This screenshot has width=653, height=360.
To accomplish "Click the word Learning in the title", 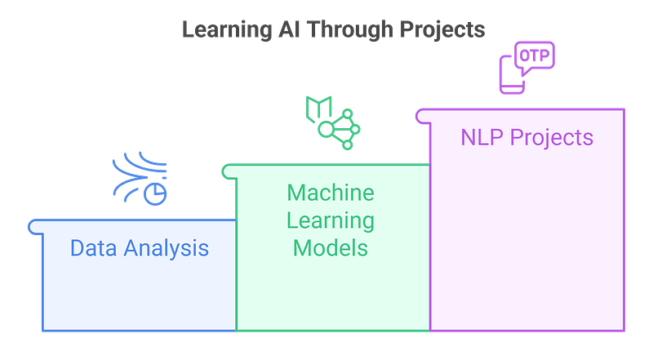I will pos(220,31).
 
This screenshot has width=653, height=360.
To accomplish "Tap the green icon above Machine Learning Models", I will pos(332,121).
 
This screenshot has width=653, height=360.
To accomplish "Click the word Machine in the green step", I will pos(331,193).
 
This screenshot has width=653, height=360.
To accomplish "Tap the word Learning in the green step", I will pos(331,220).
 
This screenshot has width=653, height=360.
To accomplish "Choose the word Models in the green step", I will pos(331,247).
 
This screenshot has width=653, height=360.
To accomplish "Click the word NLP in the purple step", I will pos(481,137).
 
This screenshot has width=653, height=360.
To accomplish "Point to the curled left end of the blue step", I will pos(33,225).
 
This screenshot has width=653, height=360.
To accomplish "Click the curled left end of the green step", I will pos(225,170).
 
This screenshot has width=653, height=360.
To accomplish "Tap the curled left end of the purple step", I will pos(420,116).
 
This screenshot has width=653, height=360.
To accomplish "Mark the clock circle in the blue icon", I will pos(155,193).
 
